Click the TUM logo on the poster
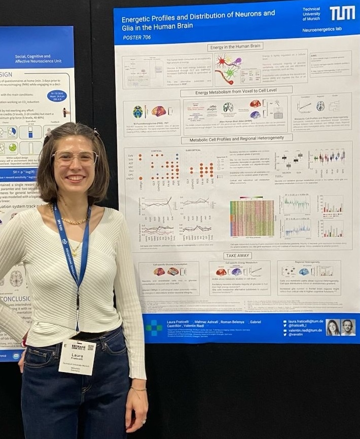click(342, 13)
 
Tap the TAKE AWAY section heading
click(237, 256)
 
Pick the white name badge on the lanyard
click(77, 356)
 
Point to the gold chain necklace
click(74, 221)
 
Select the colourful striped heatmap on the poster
click(252, 218)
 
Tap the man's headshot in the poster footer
click(348, 328)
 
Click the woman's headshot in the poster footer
click(333, 328)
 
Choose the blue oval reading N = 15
click(57, 96)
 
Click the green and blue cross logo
click(154, 327)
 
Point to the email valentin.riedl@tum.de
click(305, 331)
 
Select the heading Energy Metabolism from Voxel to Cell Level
click(237, 93)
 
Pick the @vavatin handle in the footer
click(298, 335)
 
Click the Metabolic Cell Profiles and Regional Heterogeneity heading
click(237, 138)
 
